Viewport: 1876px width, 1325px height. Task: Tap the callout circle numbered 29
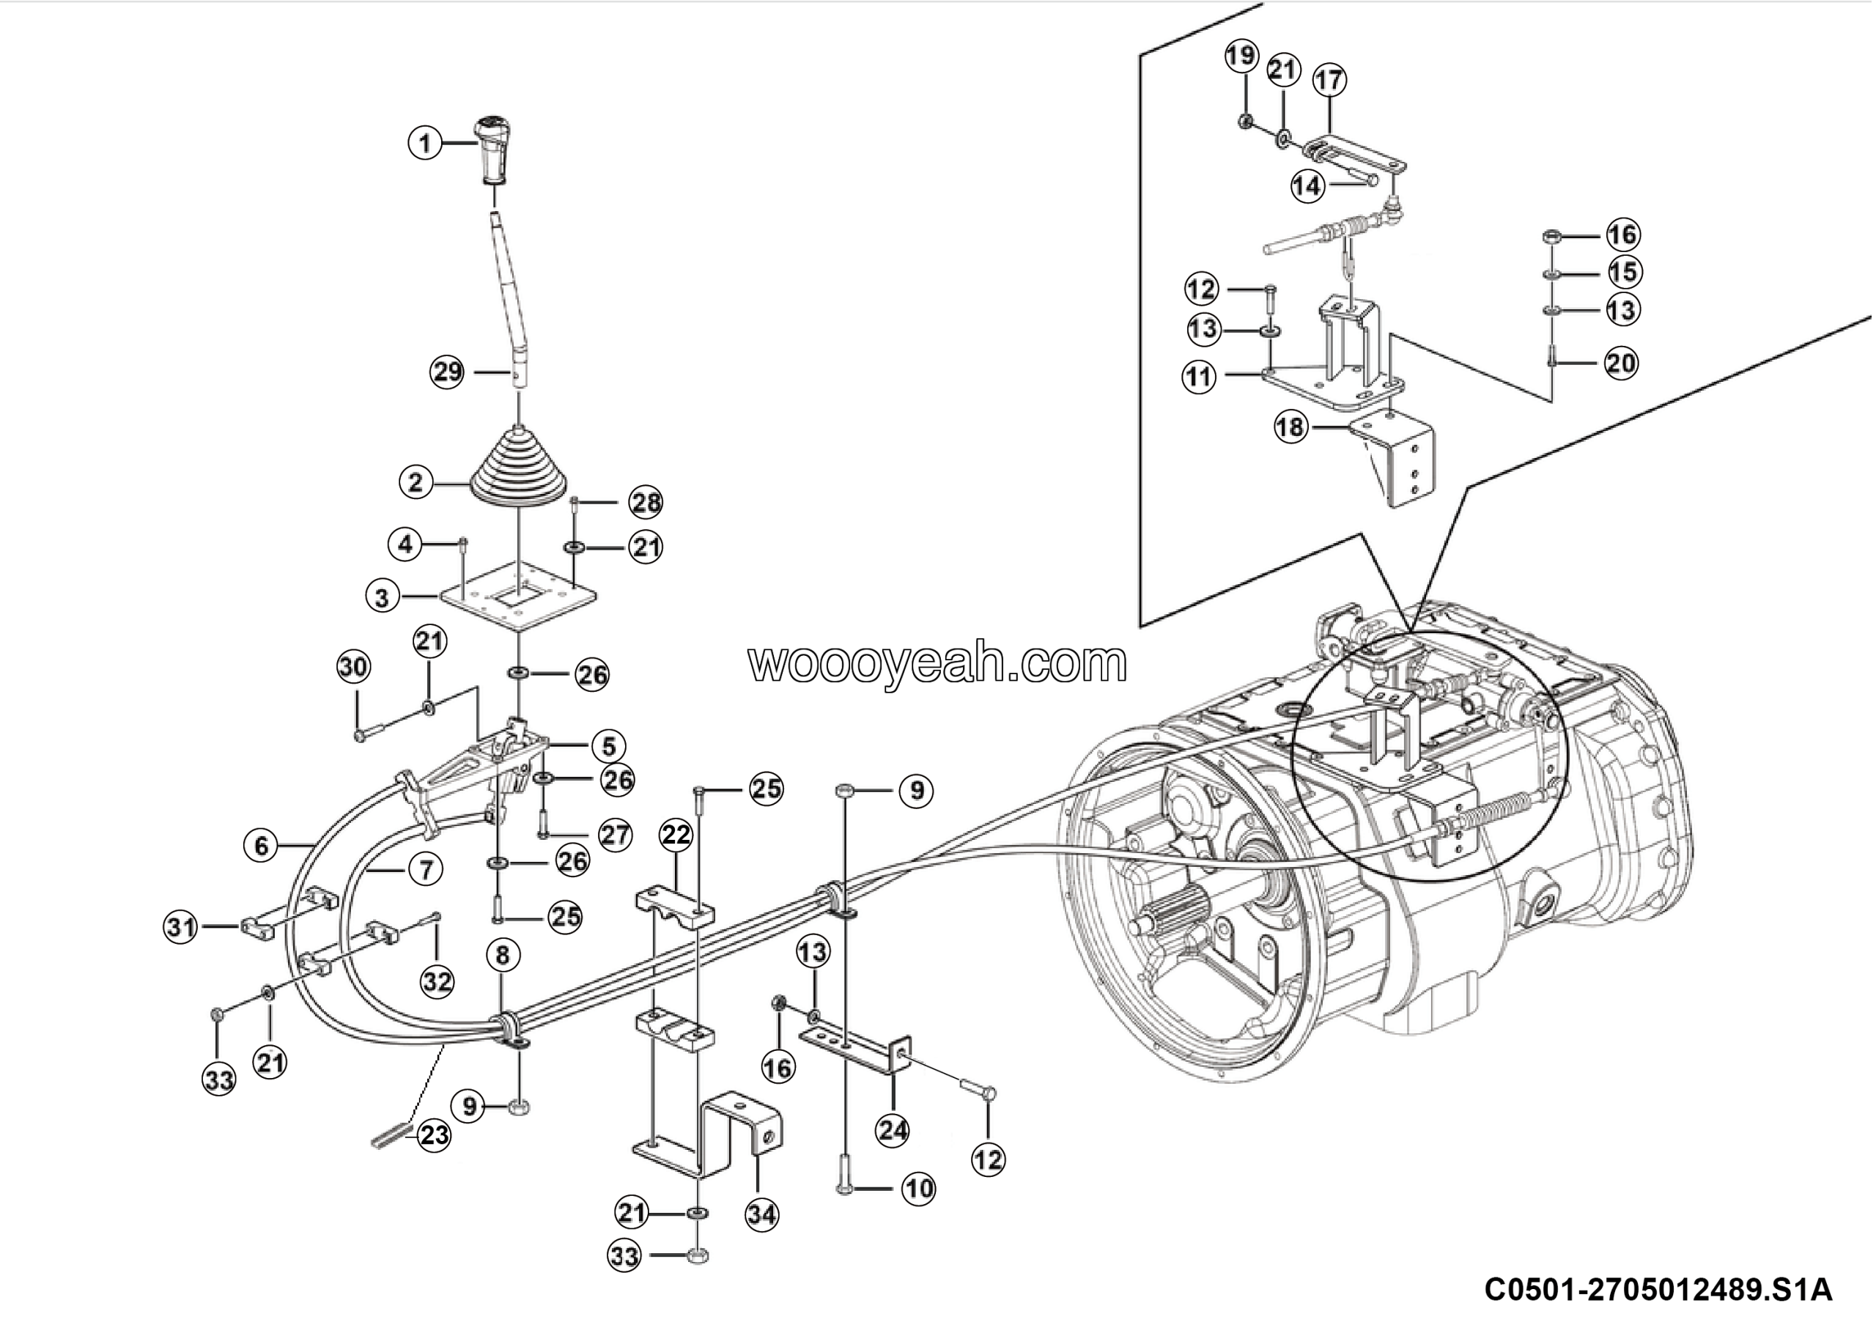(x=448, y=372)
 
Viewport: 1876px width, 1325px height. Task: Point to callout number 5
(x=609, y=745)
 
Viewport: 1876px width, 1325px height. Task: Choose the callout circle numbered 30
(x=354, y=668)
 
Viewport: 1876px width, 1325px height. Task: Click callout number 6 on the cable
(x=262, y=845)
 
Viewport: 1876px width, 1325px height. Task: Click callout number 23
(x=434, y=1134)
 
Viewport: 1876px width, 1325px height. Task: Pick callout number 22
(x=676, y=835)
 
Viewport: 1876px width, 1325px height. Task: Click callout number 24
(x=893, y=1131)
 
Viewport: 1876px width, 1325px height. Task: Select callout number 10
(x=918, y=1189)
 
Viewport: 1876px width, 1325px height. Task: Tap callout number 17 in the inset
(x=1329, y=80)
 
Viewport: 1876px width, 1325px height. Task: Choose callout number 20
(x=1622, y=363)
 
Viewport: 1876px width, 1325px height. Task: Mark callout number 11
(x=1200, y=377)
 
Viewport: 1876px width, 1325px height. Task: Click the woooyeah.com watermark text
(x=937, y=663)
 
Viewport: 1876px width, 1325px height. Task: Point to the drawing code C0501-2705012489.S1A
(x=1658, y=1289)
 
